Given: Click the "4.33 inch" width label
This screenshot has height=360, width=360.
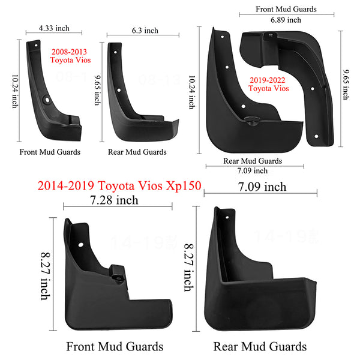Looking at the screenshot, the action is click(x=54, y=28).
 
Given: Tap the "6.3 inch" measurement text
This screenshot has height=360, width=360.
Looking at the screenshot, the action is click(x=145, y=31).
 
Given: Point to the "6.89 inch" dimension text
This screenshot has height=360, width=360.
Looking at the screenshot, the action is click(x=286, y=20).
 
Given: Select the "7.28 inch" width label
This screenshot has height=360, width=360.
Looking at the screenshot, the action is click(x=114, y=200).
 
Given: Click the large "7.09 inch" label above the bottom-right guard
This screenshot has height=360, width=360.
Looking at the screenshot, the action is click(x=262, y=187).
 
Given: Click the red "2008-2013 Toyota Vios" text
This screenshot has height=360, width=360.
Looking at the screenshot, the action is click(x=70, y=56).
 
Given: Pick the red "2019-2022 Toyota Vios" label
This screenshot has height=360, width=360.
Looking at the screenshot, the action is click(x=268, y=84).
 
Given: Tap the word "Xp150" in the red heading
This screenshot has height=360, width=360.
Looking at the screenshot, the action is click(x=184, y=185).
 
